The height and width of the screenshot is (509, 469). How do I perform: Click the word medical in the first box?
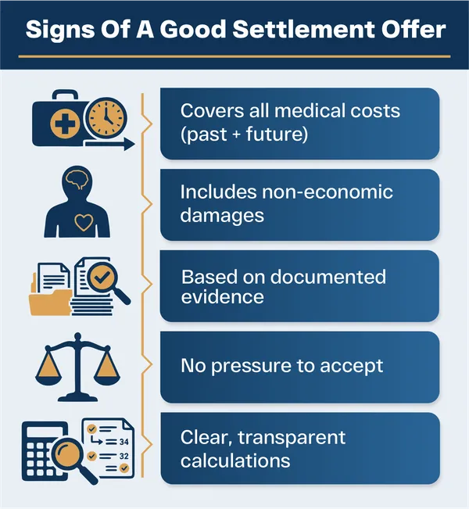tap(306, 110)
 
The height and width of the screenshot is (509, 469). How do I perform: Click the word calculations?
tap(234, 460)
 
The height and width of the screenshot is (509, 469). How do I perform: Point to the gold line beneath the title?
tap(234, 57)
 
